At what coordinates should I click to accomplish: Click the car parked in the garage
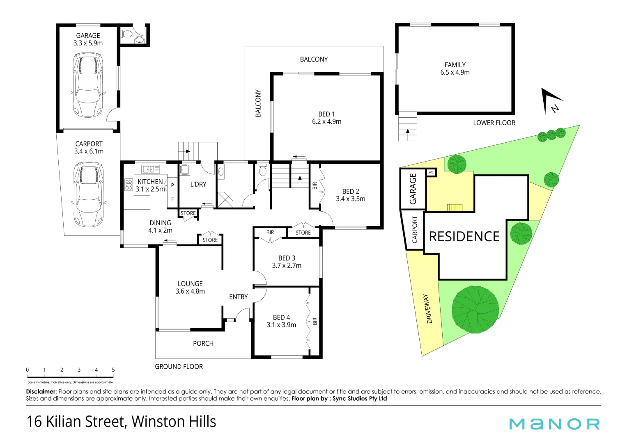tap(87, 85)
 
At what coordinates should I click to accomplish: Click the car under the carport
tap(89, 194)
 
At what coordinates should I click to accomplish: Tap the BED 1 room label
tap(326, 114)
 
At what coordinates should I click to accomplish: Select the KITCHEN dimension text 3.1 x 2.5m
tap(150, 189)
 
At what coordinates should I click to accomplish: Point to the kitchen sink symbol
tap(151, 169)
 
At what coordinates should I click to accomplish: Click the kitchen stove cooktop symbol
tap(129, 185)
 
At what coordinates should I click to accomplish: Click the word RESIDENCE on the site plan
tap(464, 237)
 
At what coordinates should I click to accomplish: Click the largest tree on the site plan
tap(475, 309)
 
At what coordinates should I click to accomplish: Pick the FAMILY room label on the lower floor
tap(455, 65)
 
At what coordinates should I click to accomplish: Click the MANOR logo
tap(554, 424)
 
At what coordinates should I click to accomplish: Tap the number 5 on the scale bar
tap(113, 370)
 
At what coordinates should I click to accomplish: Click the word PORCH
tap(203, 343)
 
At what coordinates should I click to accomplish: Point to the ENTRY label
tap(238, 297)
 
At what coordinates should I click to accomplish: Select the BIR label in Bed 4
tap(315, 321)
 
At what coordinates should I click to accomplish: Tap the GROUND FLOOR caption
tap(179, 367)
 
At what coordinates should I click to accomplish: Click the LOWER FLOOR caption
tap(494, 123)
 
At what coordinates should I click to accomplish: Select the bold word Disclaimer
tap(41, 392)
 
